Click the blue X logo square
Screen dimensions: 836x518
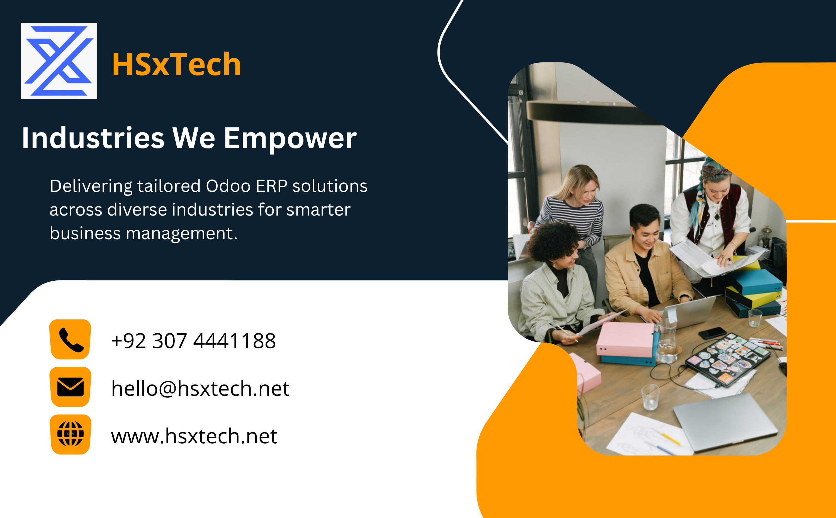click(x=59, y=61)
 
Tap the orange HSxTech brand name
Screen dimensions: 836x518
click(x=176, y=64)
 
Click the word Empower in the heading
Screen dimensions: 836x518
click(x=290, y=139)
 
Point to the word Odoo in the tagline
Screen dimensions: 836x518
click(x=228, y=186)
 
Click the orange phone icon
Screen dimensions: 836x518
click(x=70, y=339)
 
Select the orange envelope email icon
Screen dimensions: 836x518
click(x=70, y=387)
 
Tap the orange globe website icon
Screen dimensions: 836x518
click(x=70, y=434)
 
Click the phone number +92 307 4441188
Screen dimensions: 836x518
click(x=194, y=341)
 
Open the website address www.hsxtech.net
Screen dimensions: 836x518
click(x=194, y=436)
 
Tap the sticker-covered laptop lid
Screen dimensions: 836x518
click(x=727, y=360)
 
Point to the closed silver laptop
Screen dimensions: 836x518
click(x=725, y=422)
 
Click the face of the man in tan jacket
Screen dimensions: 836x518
click(x=646, y=233)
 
